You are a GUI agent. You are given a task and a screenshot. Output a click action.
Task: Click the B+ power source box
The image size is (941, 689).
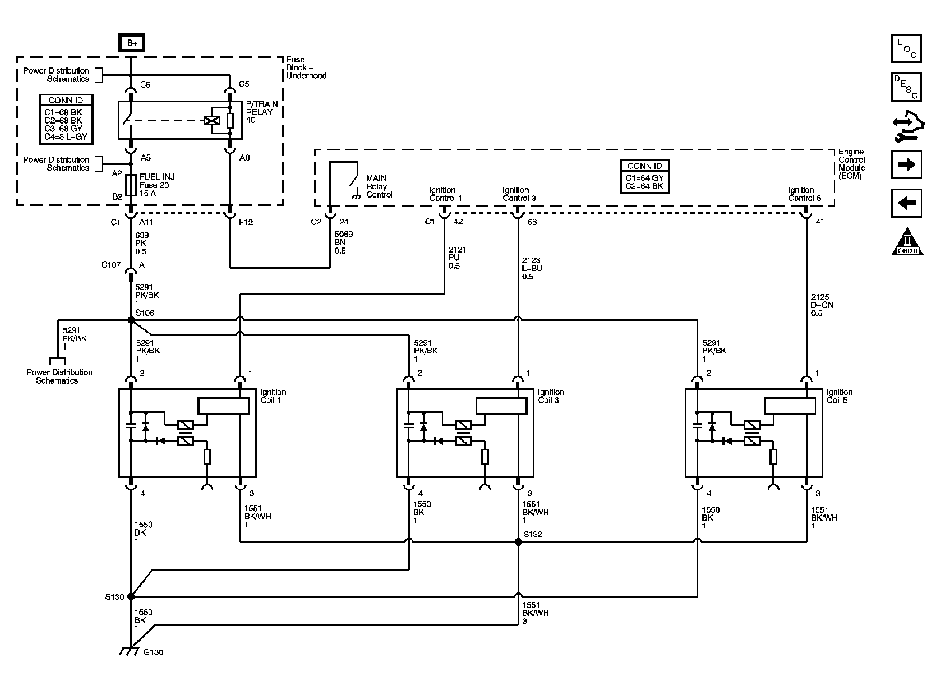[x=131, y=43]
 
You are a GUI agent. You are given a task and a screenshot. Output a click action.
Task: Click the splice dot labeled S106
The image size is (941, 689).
[x=131, y=320]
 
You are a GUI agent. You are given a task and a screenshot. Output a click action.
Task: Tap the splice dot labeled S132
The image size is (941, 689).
[x=518, y=542]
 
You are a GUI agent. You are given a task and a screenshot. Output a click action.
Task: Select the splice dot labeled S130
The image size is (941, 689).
[x=131, y=596]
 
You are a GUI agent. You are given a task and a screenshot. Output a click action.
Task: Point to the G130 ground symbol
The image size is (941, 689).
[x=129, y=651]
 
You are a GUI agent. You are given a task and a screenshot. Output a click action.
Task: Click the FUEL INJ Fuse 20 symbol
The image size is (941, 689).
[x=131, y=185]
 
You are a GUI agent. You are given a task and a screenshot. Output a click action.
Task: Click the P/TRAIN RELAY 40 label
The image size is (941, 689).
[x=262, y=112]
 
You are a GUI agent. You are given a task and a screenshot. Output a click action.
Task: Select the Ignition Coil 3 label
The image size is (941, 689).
[x=551, y=396]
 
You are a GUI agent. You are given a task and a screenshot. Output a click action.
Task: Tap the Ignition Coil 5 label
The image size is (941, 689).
[x=839, y=396]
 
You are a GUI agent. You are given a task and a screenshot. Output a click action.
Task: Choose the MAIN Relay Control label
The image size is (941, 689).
[x=379, y=186]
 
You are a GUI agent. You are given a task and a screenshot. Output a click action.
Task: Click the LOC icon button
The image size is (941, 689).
[x=906, y=48]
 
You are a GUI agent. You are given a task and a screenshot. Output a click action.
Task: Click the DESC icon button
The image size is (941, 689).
[x=906, y=87]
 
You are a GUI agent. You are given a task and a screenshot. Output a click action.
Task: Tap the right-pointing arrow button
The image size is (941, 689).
[x=906, y=164]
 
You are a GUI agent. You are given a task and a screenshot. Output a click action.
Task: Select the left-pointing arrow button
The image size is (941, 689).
[x=906, y=203]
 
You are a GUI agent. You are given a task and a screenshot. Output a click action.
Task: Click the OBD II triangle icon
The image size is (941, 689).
[x=907, y=243]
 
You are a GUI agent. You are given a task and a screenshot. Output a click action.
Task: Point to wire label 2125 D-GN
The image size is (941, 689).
[x=822, y=305]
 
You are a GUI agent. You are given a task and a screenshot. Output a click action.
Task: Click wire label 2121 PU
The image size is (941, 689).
[x=456, y=258]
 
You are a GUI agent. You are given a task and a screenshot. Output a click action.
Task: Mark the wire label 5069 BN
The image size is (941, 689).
[x=343, y=242]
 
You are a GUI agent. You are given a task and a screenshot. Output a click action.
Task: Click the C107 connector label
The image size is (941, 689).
[x=111, y=265]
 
